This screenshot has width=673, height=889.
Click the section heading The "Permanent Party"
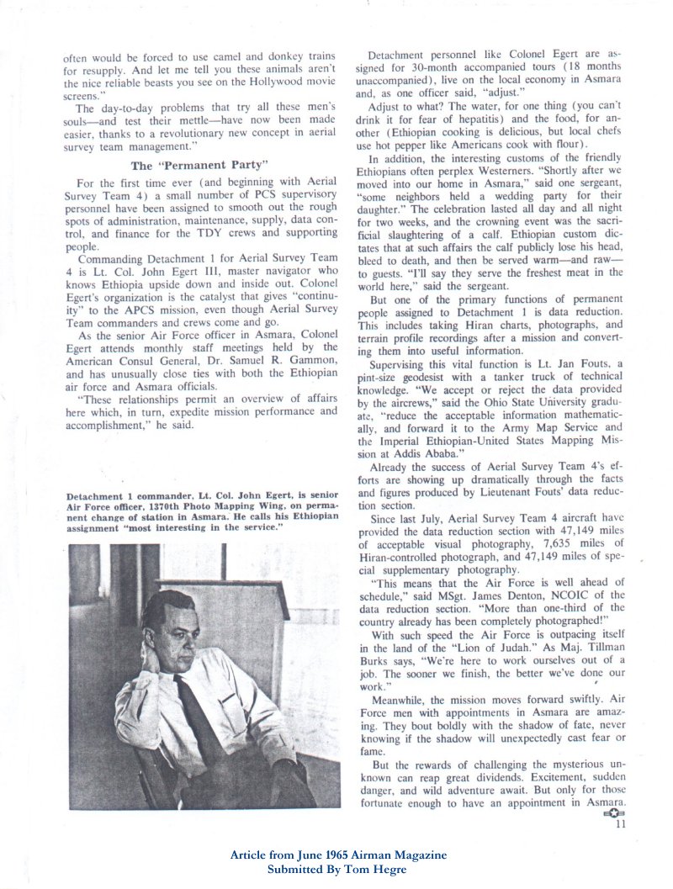click(200, 165)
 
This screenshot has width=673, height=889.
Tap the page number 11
click(621, 824)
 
